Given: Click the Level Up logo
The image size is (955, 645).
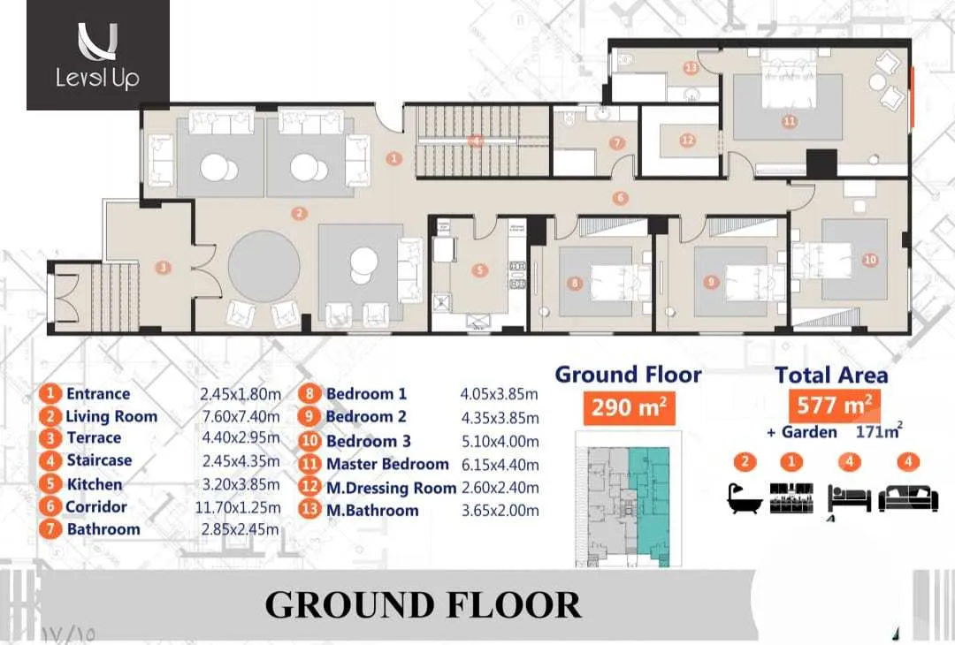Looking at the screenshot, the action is point(97,55).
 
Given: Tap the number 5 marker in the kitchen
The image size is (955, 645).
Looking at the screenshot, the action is point(480,270).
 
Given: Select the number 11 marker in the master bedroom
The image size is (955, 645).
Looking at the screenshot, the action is point(790,122).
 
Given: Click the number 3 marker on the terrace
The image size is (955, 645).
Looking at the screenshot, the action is point(163,267).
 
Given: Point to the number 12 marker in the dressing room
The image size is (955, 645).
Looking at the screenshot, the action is point(688,140).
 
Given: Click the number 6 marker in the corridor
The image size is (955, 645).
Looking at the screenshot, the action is point(620,198).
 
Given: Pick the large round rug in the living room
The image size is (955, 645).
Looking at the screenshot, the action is point(264,265).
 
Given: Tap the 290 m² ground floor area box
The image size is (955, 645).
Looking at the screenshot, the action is point(630,406).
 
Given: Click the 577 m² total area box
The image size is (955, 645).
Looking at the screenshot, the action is point(835,404).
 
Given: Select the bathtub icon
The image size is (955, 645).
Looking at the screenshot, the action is point(745,497).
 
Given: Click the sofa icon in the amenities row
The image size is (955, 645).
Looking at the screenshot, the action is point(908,497).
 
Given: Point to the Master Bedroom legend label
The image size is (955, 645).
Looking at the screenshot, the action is point(387,464).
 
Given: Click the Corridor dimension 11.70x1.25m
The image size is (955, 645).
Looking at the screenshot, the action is point(238,507).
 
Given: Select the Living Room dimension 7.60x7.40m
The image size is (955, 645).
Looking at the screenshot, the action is point(241,416).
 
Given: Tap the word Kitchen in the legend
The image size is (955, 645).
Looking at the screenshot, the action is point(95,484).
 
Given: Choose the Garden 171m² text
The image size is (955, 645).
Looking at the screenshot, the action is point(835,432).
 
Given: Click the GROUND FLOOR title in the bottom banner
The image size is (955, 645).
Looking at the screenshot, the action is point(424,605).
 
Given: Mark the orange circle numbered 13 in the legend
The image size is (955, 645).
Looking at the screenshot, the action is point(309,509).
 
